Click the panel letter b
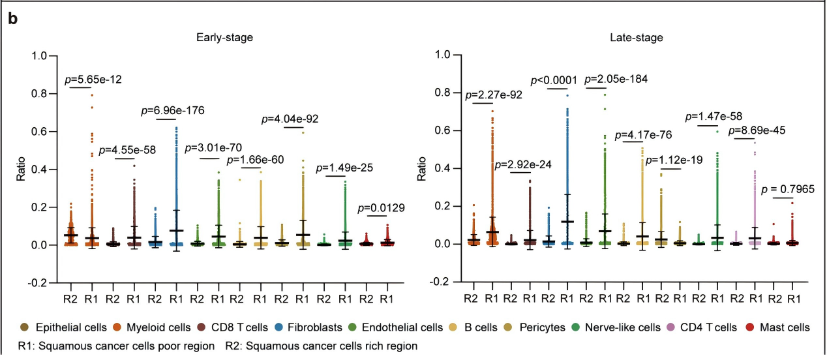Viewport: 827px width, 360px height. click(x=12, y=19)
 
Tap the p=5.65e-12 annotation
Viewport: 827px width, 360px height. click(x=93, y=80)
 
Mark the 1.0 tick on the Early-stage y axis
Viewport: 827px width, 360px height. click(x=38, y=56)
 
